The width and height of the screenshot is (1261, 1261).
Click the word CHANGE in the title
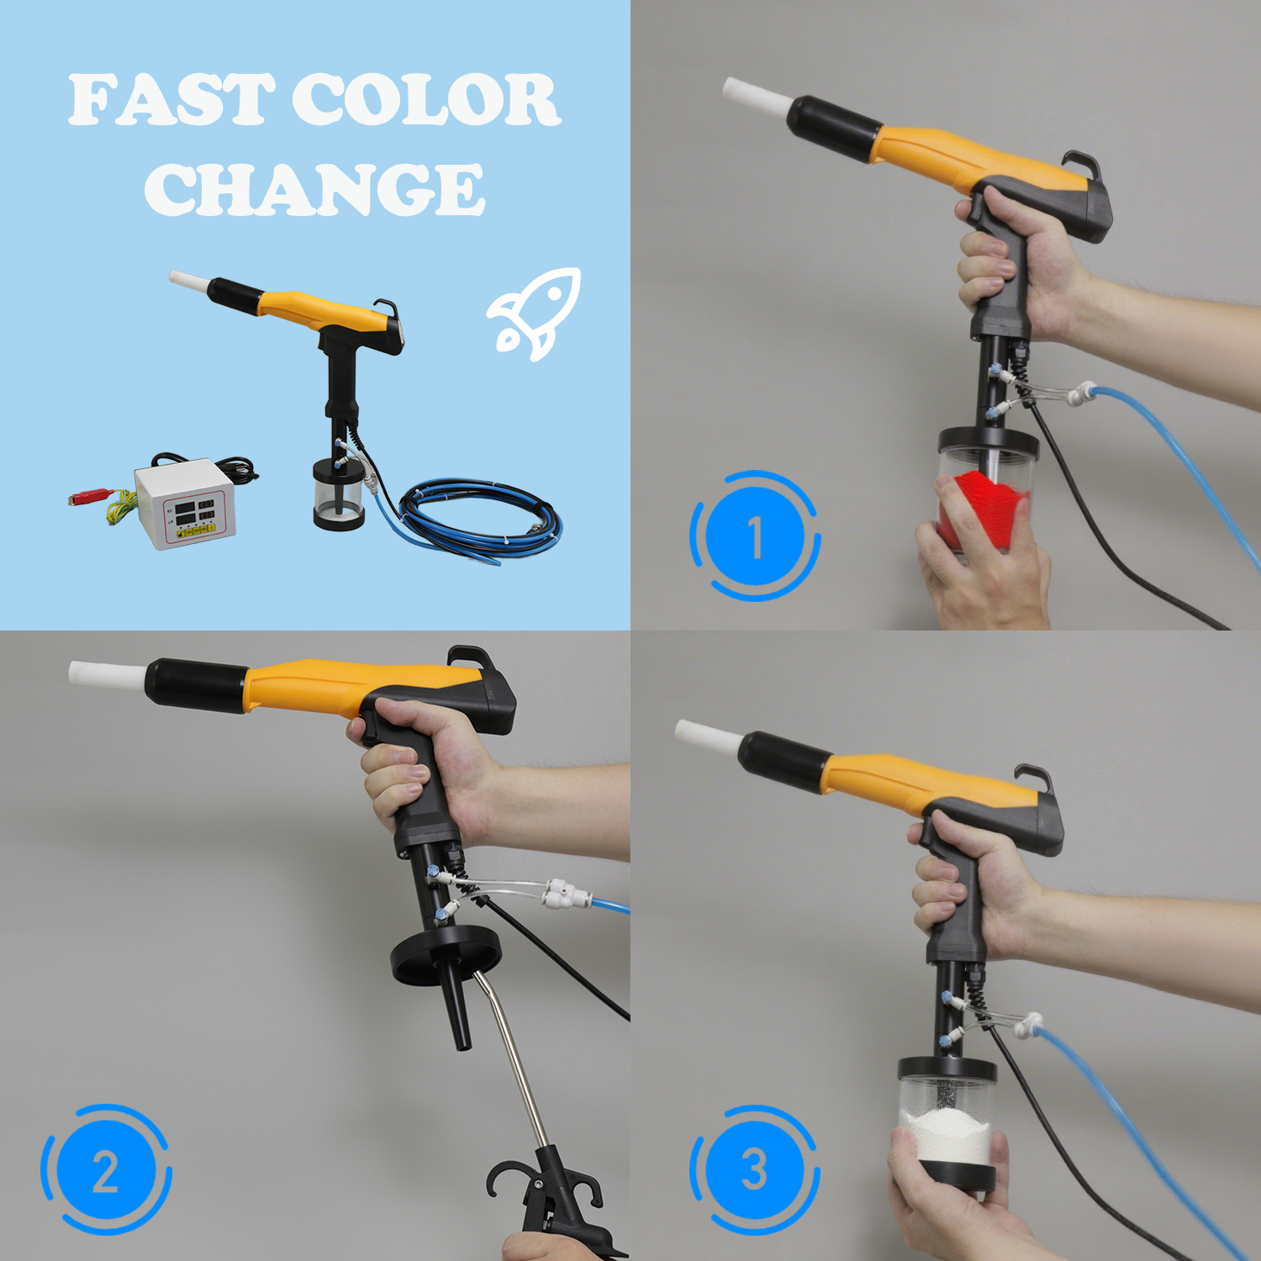coord(314,190)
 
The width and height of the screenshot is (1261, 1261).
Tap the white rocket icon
coord(536,312)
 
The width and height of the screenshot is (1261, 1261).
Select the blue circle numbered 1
coord(754,536)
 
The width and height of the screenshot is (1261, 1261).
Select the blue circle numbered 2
coord(106,1170)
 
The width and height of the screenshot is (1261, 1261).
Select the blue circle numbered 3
coord(754,1169)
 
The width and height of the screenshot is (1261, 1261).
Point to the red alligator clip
coord(89,498)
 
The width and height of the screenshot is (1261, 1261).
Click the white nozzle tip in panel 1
coord(754,93)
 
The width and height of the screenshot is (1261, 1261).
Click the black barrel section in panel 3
coord(783,761)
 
